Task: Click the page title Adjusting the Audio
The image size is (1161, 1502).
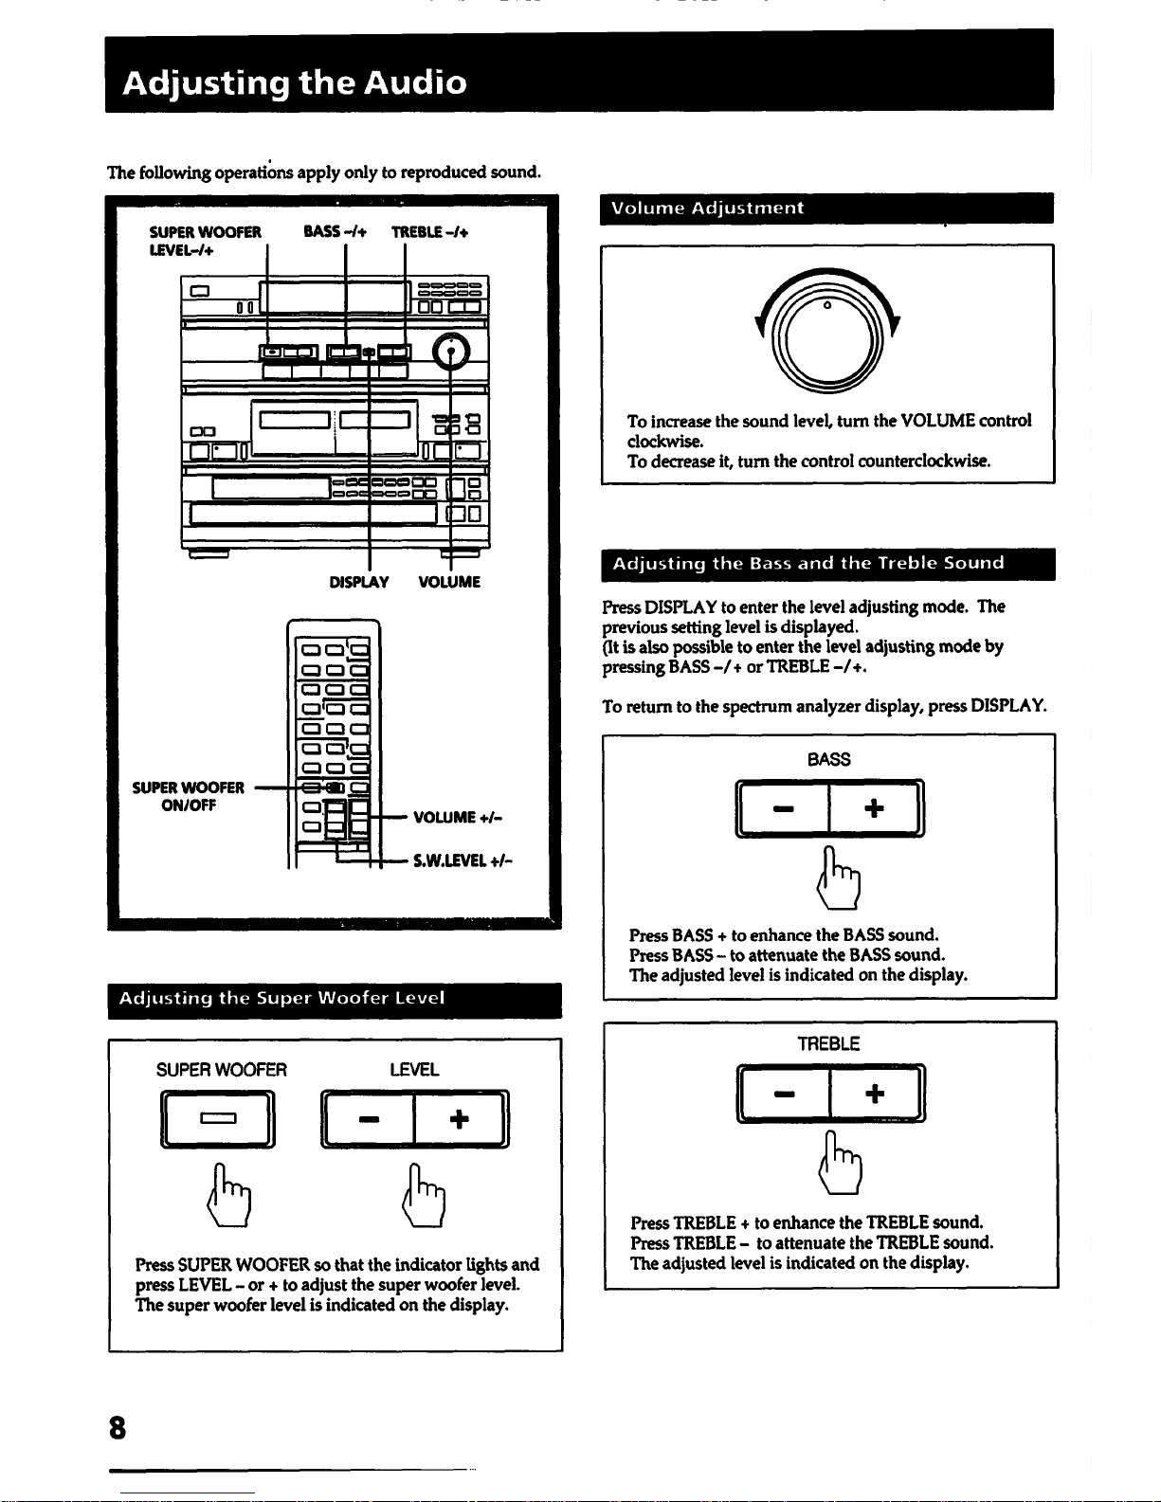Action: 295,82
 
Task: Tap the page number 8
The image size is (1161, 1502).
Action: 117,1427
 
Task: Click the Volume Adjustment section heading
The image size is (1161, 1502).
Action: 707,208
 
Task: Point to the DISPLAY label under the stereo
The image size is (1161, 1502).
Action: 358,582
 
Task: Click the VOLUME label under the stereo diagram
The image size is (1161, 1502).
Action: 449,582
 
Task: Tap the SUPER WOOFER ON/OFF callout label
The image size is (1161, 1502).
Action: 189,796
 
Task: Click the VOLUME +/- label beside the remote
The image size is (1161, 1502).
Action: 458,817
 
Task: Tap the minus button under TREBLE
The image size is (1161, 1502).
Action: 784,1094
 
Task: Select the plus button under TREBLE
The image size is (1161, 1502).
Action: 875,1094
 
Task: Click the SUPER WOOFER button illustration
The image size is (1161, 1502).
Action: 218,1119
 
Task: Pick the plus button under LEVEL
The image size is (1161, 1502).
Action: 460,1119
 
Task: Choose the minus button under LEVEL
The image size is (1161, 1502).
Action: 369,1119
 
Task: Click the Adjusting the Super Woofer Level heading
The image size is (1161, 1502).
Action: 281,999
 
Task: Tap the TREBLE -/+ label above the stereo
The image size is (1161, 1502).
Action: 429,231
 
